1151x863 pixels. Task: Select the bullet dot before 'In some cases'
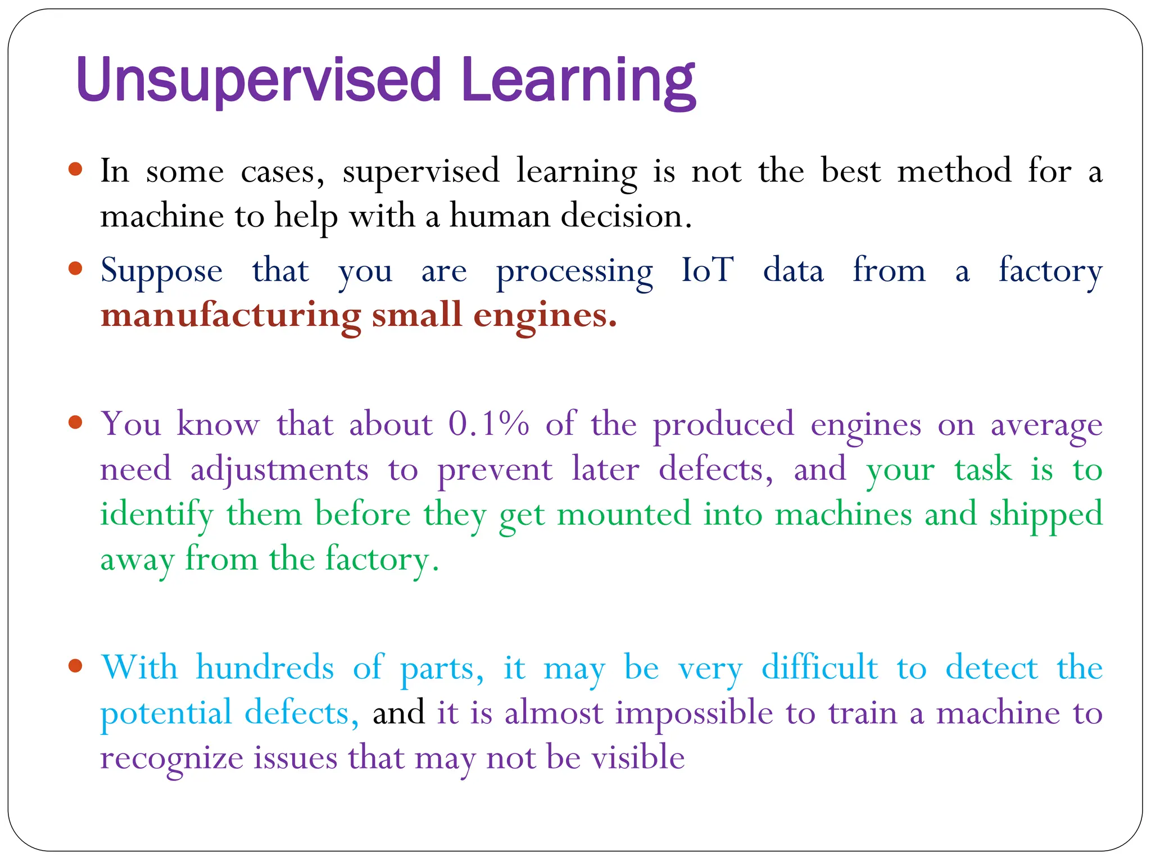75,169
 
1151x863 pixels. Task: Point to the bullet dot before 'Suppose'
75,269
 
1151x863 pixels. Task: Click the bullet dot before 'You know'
75,422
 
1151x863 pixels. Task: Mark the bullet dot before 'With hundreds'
75,666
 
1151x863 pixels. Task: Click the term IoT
707,270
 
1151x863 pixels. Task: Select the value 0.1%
488,424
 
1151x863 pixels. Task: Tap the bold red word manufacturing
230,316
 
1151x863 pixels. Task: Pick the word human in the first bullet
499,216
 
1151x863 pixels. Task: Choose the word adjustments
279,470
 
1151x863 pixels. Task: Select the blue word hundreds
265,668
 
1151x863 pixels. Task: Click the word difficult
819,668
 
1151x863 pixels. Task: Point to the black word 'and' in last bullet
398,713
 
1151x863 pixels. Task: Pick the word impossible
694,714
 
